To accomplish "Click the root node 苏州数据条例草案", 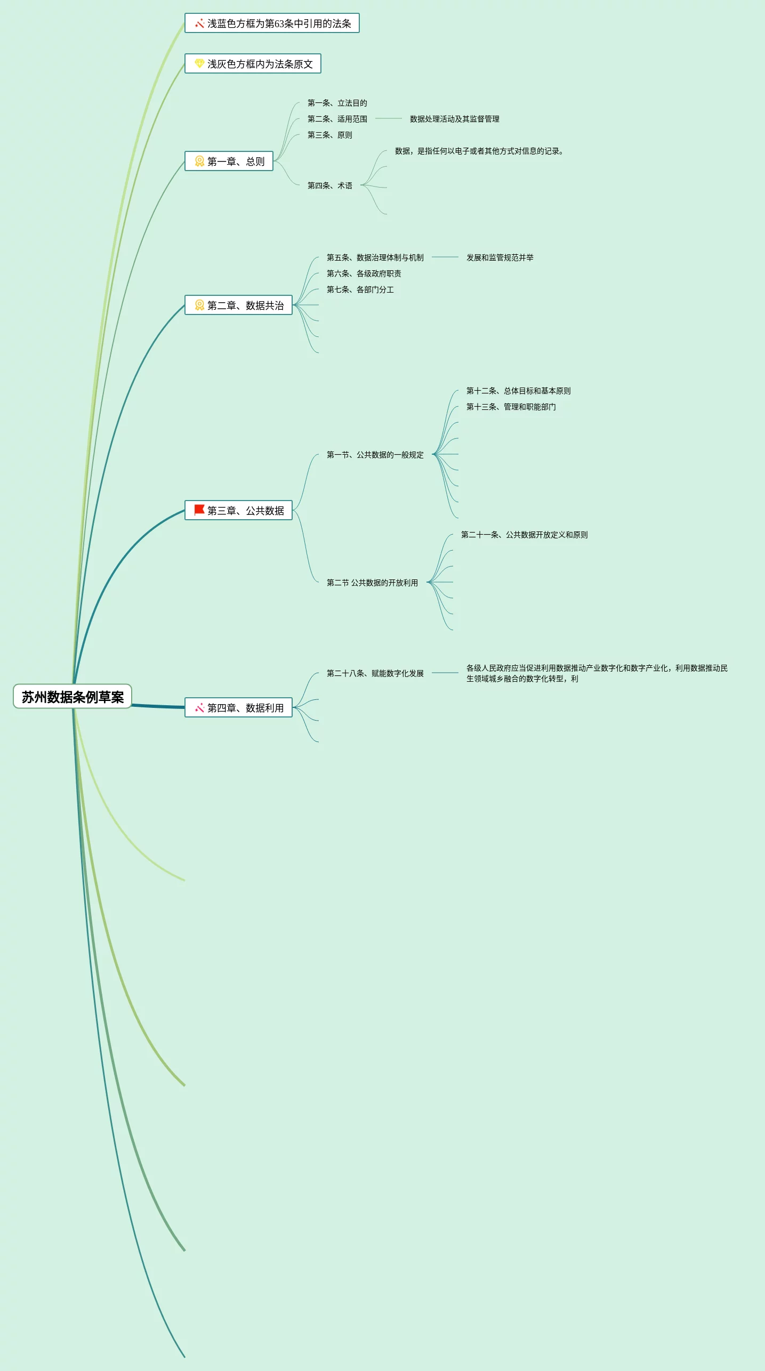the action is click(x=73, y=697).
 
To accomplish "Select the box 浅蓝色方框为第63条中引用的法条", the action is click(x=272, y=23).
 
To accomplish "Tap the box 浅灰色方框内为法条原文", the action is click(x=253, y=64).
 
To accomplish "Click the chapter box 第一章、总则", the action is click(x=229, y=162).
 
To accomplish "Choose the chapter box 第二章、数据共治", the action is click(x=239, y=305).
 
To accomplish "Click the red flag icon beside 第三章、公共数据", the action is click(x=199, y=510).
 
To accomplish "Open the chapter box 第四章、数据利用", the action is click(x=239, y=708).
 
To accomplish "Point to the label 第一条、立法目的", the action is click(x=337, y=103).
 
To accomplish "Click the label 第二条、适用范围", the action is click(x=337, y=119).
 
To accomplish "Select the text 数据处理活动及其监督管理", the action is click(x=454, y=119).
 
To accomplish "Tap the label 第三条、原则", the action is click(x=329, y=135).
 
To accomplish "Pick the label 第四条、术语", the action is click(x=329, y=186).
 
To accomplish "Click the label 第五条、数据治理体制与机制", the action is click(x=375, y=257).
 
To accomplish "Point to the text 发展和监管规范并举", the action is click(x=500, y=257).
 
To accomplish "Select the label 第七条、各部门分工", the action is click(x=360, y=289).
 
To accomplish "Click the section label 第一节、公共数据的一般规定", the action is click(x=375, y=455).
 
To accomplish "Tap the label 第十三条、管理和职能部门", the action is click(x=511, y=407).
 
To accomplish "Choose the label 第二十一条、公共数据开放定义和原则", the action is click(x=524, y=535).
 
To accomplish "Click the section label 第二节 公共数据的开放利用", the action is click(x=372, y=583).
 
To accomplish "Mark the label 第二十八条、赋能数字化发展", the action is click(x=375, y=673).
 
